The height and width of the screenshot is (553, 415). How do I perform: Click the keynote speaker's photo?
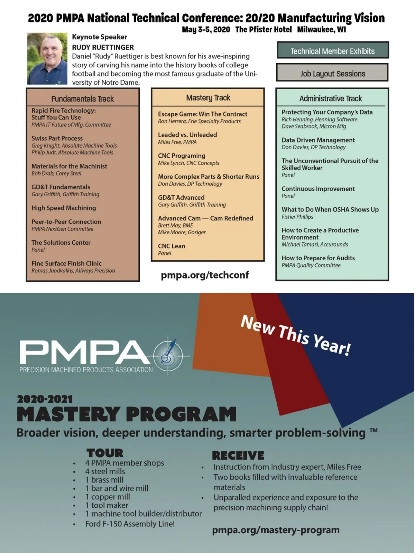47,58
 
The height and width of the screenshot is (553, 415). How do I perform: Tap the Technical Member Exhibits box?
333,50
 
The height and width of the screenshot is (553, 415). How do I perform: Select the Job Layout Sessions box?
333,73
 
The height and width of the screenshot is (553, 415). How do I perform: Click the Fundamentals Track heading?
82,99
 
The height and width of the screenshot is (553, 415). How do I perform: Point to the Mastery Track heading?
208,98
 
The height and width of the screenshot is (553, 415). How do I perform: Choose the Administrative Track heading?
331,99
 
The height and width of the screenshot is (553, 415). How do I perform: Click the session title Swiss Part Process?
57,138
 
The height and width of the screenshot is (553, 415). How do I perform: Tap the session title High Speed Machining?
64,208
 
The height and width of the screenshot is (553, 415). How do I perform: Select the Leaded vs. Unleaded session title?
187,135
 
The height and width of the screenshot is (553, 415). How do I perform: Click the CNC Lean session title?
172,246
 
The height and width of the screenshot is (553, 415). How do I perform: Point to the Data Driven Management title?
318,140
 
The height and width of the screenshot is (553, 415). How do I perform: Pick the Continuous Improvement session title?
318,189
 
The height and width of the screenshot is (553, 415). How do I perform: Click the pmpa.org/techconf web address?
205,275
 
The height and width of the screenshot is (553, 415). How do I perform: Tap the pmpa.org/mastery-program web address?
276,530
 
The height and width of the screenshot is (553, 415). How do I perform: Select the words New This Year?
296,335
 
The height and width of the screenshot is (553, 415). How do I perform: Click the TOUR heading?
105,453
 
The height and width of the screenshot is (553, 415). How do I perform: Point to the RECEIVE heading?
238,455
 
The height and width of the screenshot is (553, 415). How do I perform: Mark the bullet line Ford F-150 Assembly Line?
130,524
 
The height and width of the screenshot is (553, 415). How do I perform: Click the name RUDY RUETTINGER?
103,47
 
